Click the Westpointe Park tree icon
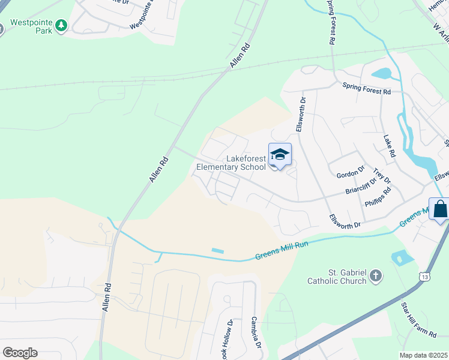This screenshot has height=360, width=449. click(61, 25)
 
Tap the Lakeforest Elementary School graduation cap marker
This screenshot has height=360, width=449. click(280, 155)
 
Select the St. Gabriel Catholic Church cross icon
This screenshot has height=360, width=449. click(376, 276)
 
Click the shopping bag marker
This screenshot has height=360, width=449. click(440, 209)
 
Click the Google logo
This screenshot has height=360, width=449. click(20, 353)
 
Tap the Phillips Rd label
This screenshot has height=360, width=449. click(378, 197)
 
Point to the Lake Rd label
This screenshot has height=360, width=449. click(390, 146)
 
